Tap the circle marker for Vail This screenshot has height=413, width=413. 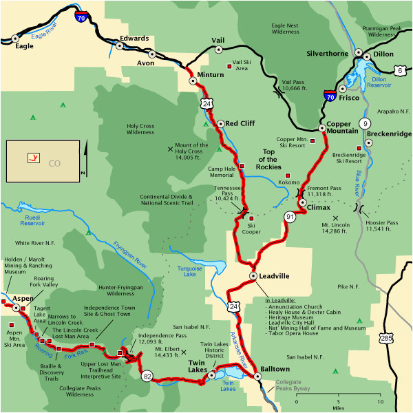(219, 50)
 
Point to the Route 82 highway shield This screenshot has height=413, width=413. (147, 377)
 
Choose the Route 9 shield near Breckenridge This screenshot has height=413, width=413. (364, 123)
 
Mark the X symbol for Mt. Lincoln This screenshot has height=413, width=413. (336, 218)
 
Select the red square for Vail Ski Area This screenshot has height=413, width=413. (229, 66)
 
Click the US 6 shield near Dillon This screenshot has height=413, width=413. (399, 70)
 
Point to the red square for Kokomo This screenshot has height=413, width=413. (288, 175)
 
